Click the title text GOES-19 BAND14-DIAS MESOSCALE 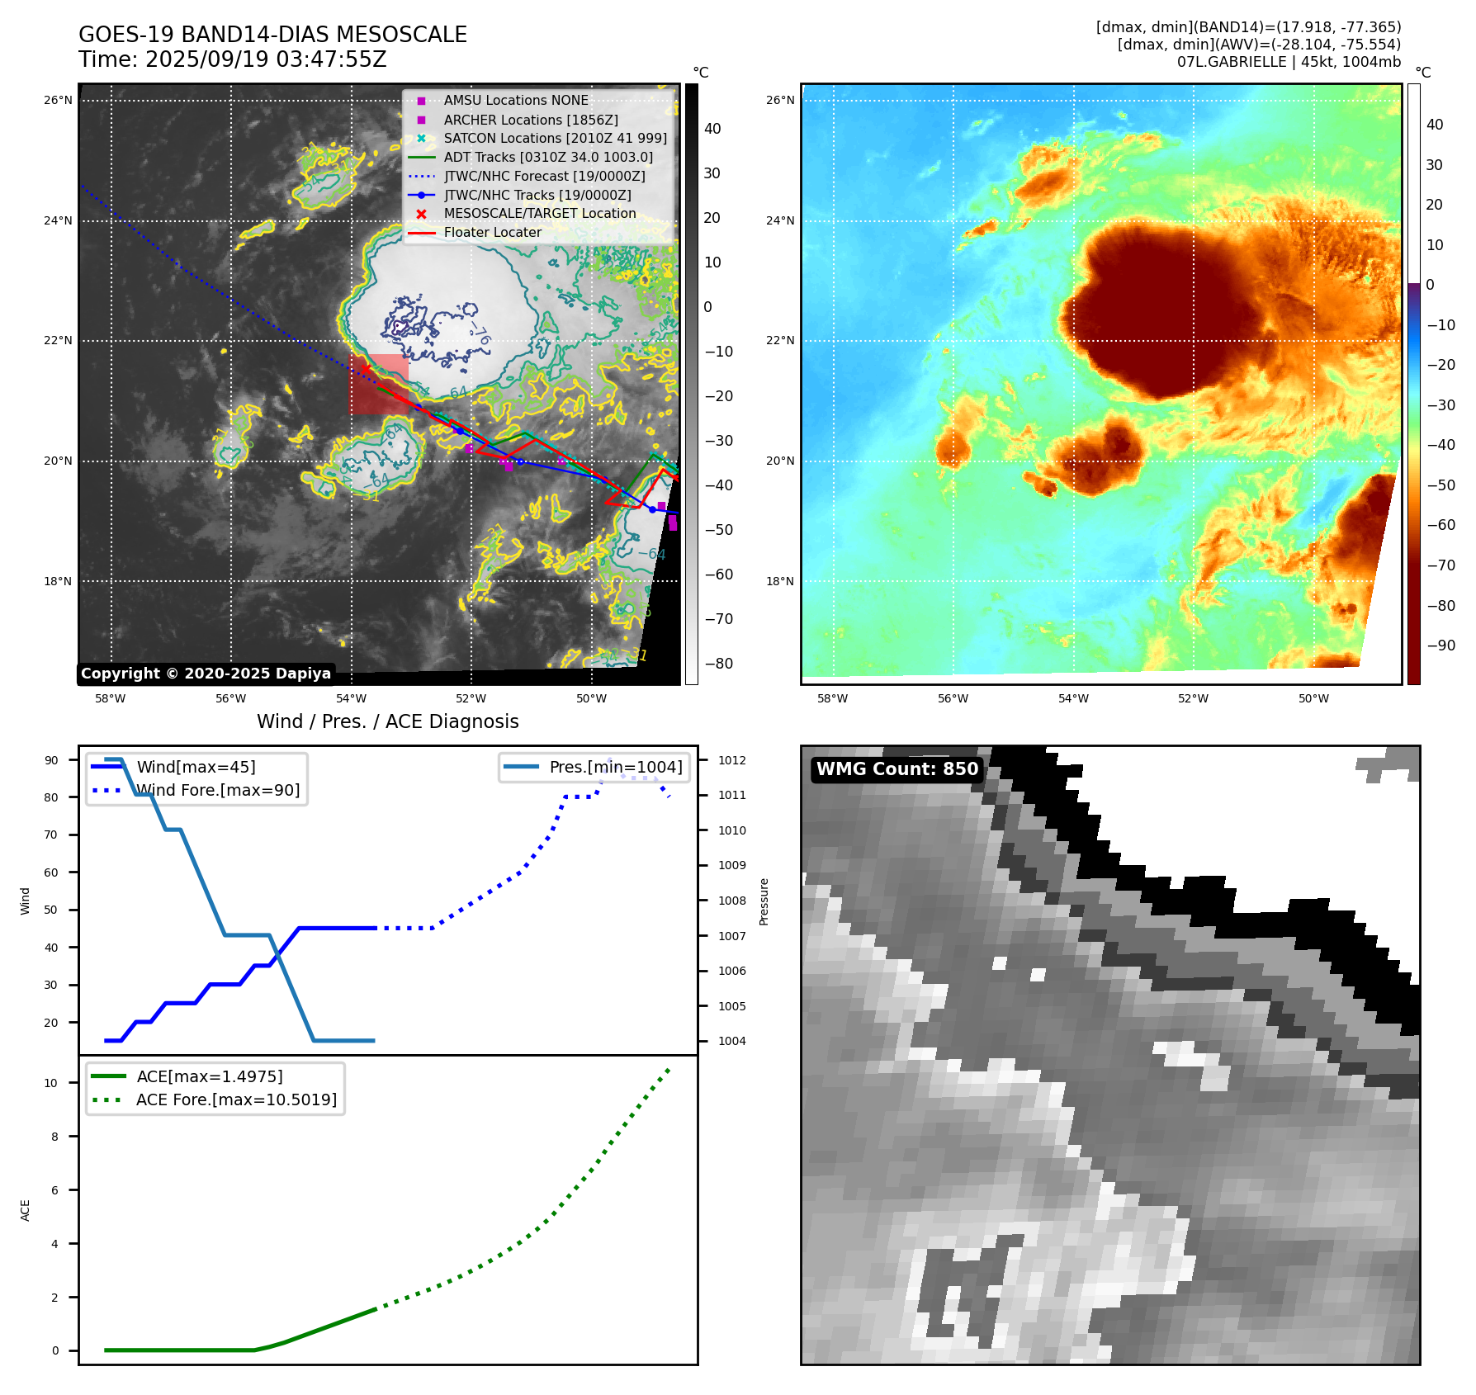(x=272, y=35)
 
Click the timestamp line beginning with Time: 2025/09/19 (x=233, y=59)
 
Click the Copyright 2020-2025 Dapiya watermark (x=206, y=674)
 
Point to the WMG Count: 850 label (x=896, y=769)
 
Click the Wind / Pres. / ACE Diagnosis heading (x=387, y=721)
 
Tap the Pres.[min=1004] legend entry (x=615, y=767)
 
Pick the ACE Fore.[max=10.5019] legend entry (x=236, y=1099)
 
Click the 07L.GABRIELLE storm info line (x=1289, y=62)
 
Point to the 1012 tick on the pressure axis (x=731, y=760)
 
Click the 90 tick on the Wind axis (x=52, y=760)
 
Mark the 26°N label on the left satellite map (x=58, y=101)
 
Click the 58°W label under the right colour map (x=832, y=698)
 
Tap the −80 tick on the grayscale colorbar (x=718, y=664)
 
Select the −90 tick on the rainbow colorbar (x=1441, y=645)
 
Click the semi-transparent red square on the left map (x=378, y=384)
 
